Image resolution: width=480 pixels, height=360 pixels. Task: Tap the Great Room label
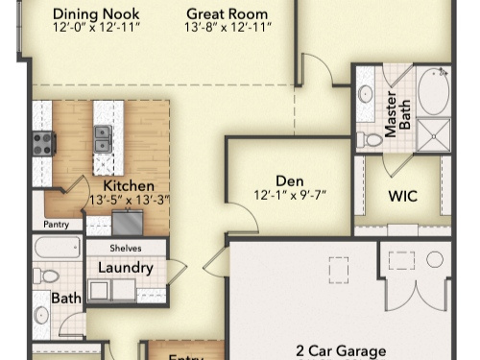pyautogui.click(x=227, y=13)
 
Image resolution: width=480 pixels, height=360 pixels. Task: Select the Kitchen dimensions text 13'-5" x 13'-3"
pyautogui.click(x=129, y=200)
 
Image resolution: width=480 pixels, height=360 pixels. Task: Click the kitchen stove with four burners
pyautogui.click(x=43, y=143)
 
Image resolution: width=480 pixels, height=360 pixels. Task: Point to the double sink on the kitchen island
pyautogui.click(x=102, y=138)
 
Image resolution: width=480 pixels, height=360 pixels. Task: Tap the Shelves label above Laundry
pyautogui.click(x=126, y=248)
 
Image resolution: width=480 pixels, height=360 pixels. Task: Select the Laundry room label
pyautogui.click(x=126, y=267)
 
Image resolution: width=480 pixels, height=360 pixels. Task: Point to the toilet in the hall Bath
pyautogui.click(x=45, y=276)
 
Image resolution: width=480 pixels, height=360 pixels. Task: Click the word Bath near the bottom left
pyautogui.click(x=66, y=299)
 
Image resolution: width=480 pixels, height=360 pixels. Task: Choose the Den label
pyautogui.click(x=289, y=180)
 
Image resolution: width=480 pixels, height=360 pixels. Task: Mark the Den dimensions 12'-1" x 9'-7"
pyautogui.click(x=289, y=195)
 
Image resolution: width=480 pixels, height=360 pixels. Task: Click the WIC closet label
pyautogui.click(x=402, y=195)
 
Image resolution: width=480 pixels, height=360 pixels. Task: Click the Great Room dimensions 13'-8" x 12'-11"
pyautogui.click(x=227, y=29)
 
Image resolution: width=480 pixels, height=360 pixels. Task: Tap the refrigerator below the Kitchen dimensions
pyautogui.click(x=128, y=222)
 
